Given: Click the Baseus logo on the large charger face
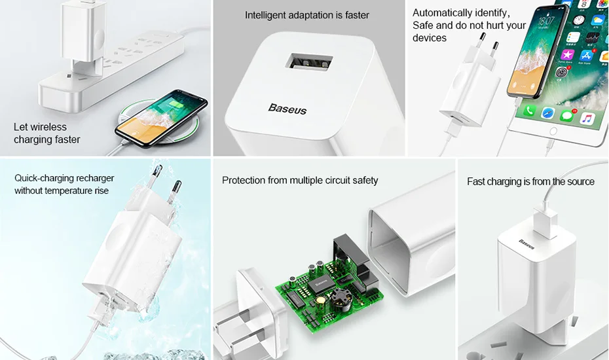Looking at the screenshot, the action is tap(287, 109).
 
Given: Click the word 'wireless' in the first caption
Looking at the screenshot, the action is tap(49, 127).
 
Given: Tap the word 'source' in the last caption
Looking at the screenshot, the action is tap(581, 182).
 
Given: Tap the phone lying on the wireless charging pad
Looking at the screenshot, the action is tap(161, 118).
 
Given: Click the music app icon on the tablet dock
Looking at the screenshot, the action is tap(587, 118).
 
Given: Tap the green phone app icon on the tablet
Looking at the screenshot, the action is tap(529, 111).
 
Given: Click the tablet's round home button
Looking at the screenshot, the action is tap(553, 132).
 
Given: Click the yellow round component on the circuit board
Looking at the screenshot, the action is tap(322, 300).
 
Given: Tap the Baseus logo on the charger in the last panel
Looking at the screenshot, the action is tap(526, 244).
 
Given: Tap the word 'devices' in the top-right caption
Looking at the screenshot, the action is tap(430, 38).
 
